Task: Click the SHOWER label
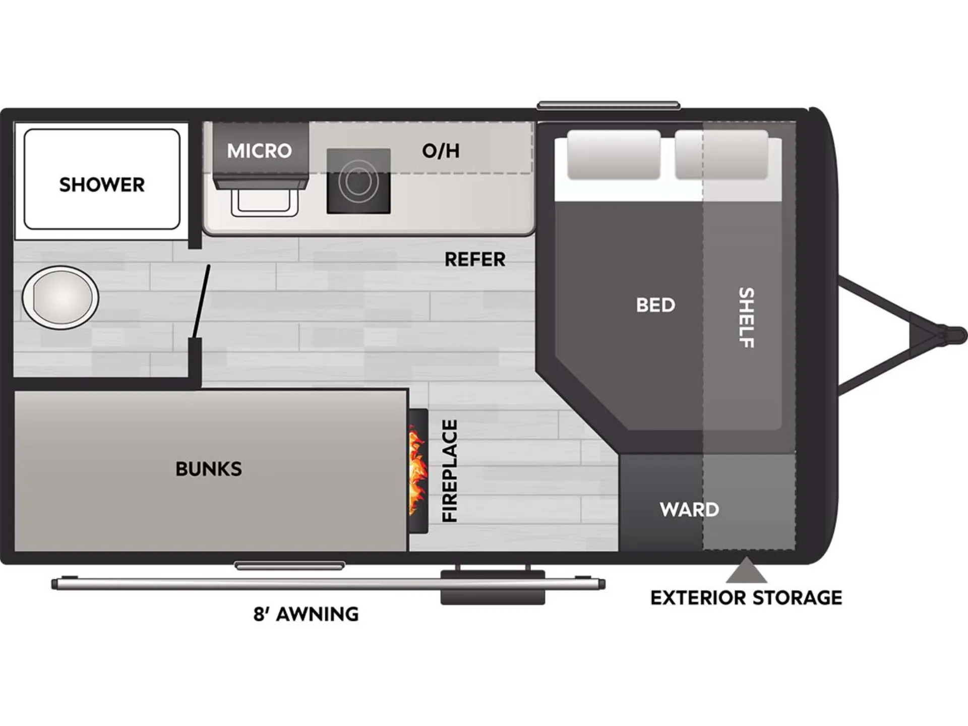point(102,185)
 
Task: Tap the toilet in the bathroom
point(60,297)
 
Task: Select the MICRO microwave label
point(259,151)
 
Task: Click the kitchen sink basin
point(264,201)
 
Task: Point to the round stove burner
point(358,181)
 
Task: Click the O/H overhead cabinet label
point(441,151)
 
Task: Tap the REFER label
point(475,260)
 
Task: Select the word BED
point(655,305)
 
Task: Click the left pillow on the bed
point(614,154)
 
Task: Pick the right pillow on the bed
point(721,154)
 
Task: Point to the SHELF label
point(746,318)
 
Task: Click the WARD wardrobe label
point(689,509)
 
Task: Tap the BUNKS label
point(209,469)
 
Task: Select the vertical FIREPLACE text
point(449,471)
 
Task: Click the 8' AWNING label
point(306,614)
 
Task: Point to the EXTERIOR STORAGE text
point(746,598)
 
